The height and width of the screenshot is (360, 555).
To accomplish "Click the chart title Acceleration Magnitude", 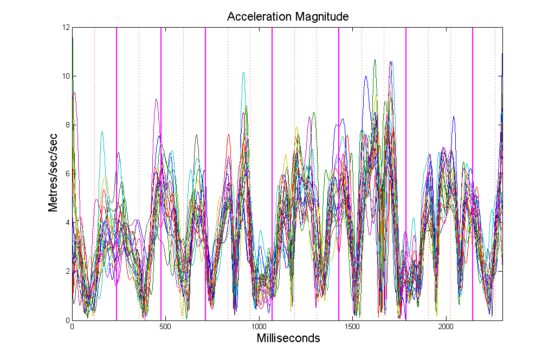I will (287, 17).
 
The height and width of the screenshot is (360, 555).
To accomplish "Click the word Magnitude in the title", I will (321, 17).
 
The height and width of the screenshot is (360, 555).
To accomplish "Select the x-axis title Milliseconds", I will (288, 339).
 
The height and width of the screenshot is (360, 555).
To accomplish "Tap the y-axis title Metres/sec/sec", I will (53, 173).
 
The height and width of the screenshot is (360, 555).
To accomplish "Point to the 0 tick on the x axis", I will (72, 327).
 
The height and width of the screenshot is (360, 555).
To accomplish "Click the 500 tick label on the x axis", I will (165, 327).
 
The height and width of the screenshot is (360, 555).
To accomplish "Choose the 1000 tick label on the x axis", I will (259, 327).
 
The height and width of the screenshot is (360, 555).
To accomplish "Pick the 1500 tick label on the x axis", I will (352, 327).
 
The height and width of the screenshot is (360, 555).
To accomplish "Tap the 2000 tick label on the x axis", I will (446, 327).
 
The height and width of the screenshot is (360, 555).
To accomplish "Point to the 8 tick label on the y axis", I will (67, 125).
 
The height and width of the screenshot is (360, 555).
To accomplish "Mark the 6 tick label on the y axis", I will (67, 173).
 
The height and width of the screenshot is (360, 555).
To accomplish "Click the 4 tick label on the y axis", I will (67, 222).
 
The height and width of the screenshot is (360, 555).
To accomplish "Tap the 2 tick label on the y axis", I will (67, 271).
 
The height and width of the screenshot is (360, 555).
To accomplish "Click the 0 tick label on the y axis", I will (67, 320).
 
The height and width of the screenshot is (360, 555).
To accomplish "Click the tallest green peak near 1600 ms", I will (375, 60).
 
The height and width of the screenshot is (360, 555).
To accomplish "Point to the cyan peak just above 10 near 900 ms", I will (243, 73).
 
